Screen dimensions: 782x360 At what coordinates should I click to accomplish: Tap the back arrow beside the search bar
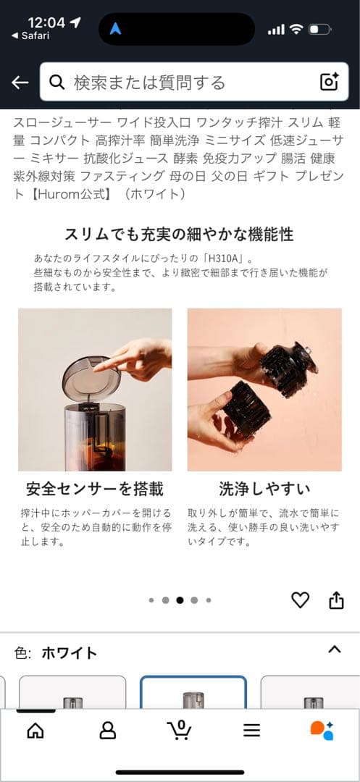[x=20, y=83]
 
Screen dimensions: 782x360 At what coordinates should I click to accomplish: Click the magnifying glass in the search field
[x=56, y=83]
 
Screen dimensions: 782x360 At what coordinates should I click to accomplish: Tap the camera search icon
[x=330, y=82]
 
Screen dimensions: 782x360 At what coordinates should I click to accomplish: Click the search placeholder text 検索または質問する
[x=149, y=83]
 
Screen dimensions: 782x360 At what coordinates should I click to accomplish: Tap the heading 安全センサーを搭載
[x=95, y=489]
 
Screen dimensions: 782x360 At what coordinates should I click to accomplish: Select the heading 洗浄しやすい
[x=264, y=489]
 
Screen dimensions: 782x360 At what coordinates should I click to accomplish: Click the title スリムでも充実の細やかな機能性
[x=179, y=234]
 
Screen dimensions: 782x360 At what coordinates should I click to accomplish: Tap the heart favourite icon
[x=300, y=600]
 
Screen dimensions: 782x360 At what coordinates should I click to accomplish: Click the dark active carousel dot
[x=180, y=600]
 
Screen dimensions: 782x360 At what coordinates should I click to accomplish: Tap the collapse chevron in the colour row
[x=334, y=649]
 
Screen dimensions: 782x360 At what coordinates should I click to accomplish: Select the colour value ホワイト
[x=69, y=652]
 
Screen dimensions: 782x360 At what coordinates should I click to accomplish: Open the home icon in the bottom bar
[x=35, y=731]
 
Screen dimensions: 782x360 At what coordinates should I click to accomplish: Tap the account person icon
[x=107, y=731]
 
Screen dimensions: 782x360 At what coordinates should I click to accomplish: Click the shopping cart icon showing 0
[x=179, y=729]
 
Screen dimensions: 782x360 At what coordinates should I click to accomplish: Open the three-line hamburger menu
[x=251, y=731]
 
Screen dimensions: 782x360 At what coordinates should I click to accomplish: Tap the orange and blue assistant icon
[x=322, y=730]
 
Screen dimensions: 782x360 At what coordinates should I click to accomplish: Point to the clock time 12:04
[x=47, y=22]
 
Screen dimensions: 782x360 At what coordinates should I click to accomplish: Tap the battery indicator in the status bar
[x=319, y=30]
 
